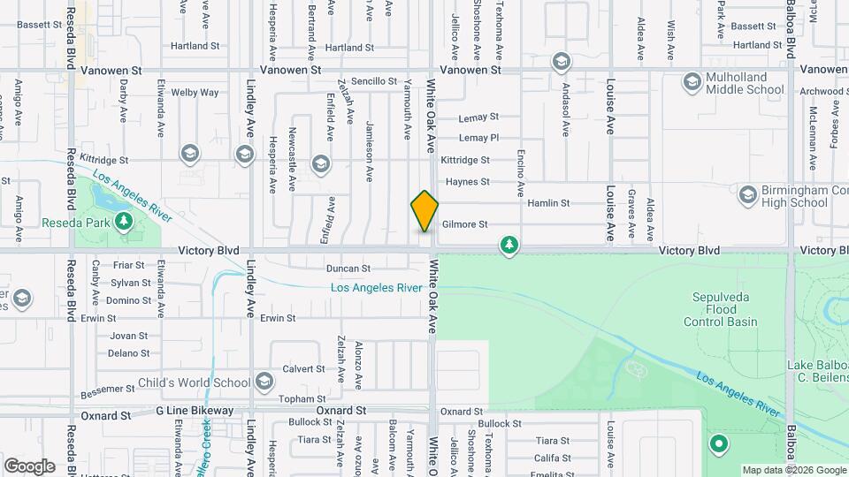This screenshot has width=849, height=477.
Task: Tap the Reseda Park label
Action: point(76,223)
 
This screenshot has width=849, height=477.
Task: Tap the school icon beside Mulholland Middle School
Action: point(692,83)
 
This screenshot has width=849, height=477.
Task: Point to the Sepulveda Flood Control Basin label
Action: point(720,309)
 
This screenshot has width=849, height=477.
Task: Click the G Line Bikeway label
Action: point(195,411)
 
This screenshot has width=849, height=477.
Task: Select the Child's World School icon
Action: point(264,382)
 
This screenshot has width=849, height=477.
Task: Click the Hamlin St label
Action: point(548,203)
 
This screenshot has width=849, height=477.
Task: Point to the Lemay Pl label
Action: point(479,138)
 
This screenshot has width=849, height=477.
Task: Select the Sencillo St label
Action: point(374,81)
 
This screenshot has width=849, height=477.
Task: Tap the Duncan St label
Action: point(348,268)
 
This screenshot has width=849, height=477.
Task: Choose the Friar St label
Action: point(128,264)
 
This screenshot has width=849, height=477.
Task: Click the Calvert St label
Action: point(303,368)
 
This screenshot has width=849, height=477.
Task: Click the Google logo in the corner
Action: point(29,466)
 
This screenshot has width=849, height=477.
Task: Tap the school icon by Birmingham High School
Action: point(747,193)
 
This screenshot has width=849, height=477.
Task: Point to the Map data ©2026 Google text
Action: point(793,470)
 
